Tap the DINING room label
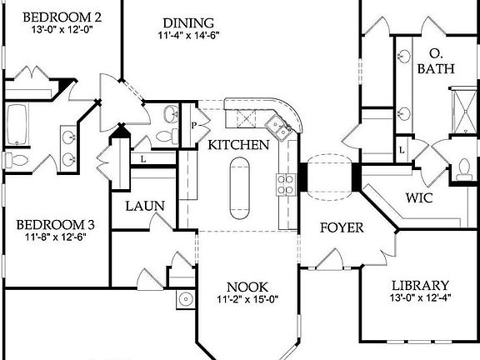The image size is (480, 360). (x=188, y=22)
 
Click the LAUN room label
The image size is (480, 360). (x=144, y=207)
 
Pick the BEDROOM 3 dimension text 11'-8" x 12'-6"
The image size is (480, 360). (x=52, y=237)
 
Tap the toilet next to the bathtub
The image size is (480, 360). (x=9, y=158)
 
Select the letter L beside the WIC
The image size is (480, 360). (x=402, y=149)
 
